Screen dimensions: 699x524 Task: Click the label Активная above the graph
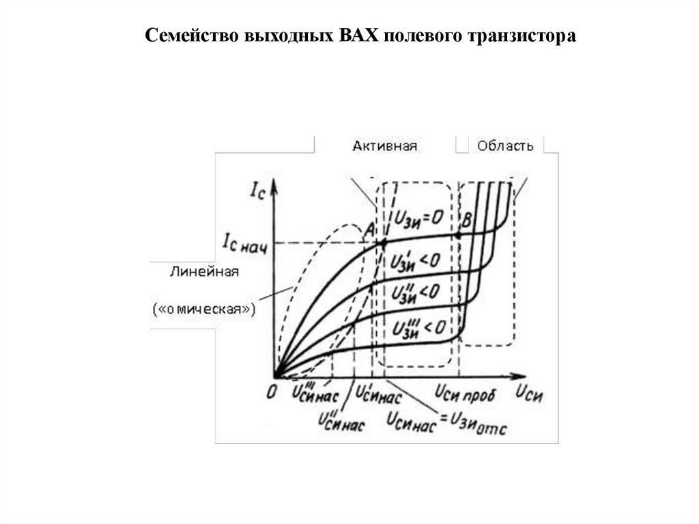[x=385, y=146]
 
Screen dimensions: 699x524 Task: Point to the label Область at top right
[x=506, y=146]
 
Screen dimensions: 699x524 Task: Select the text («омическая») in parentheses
[x=205, y=309]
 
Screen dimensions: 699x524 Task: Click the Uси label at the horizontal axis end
[x=529, y=394]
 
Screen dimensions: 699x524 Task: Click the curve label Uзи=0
[x=419, y=219]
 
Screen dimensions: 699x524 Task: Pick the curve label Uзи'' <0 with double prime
[x=415, y=292]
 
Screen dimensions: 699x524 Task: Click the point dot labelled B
[x=458, y=235]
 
